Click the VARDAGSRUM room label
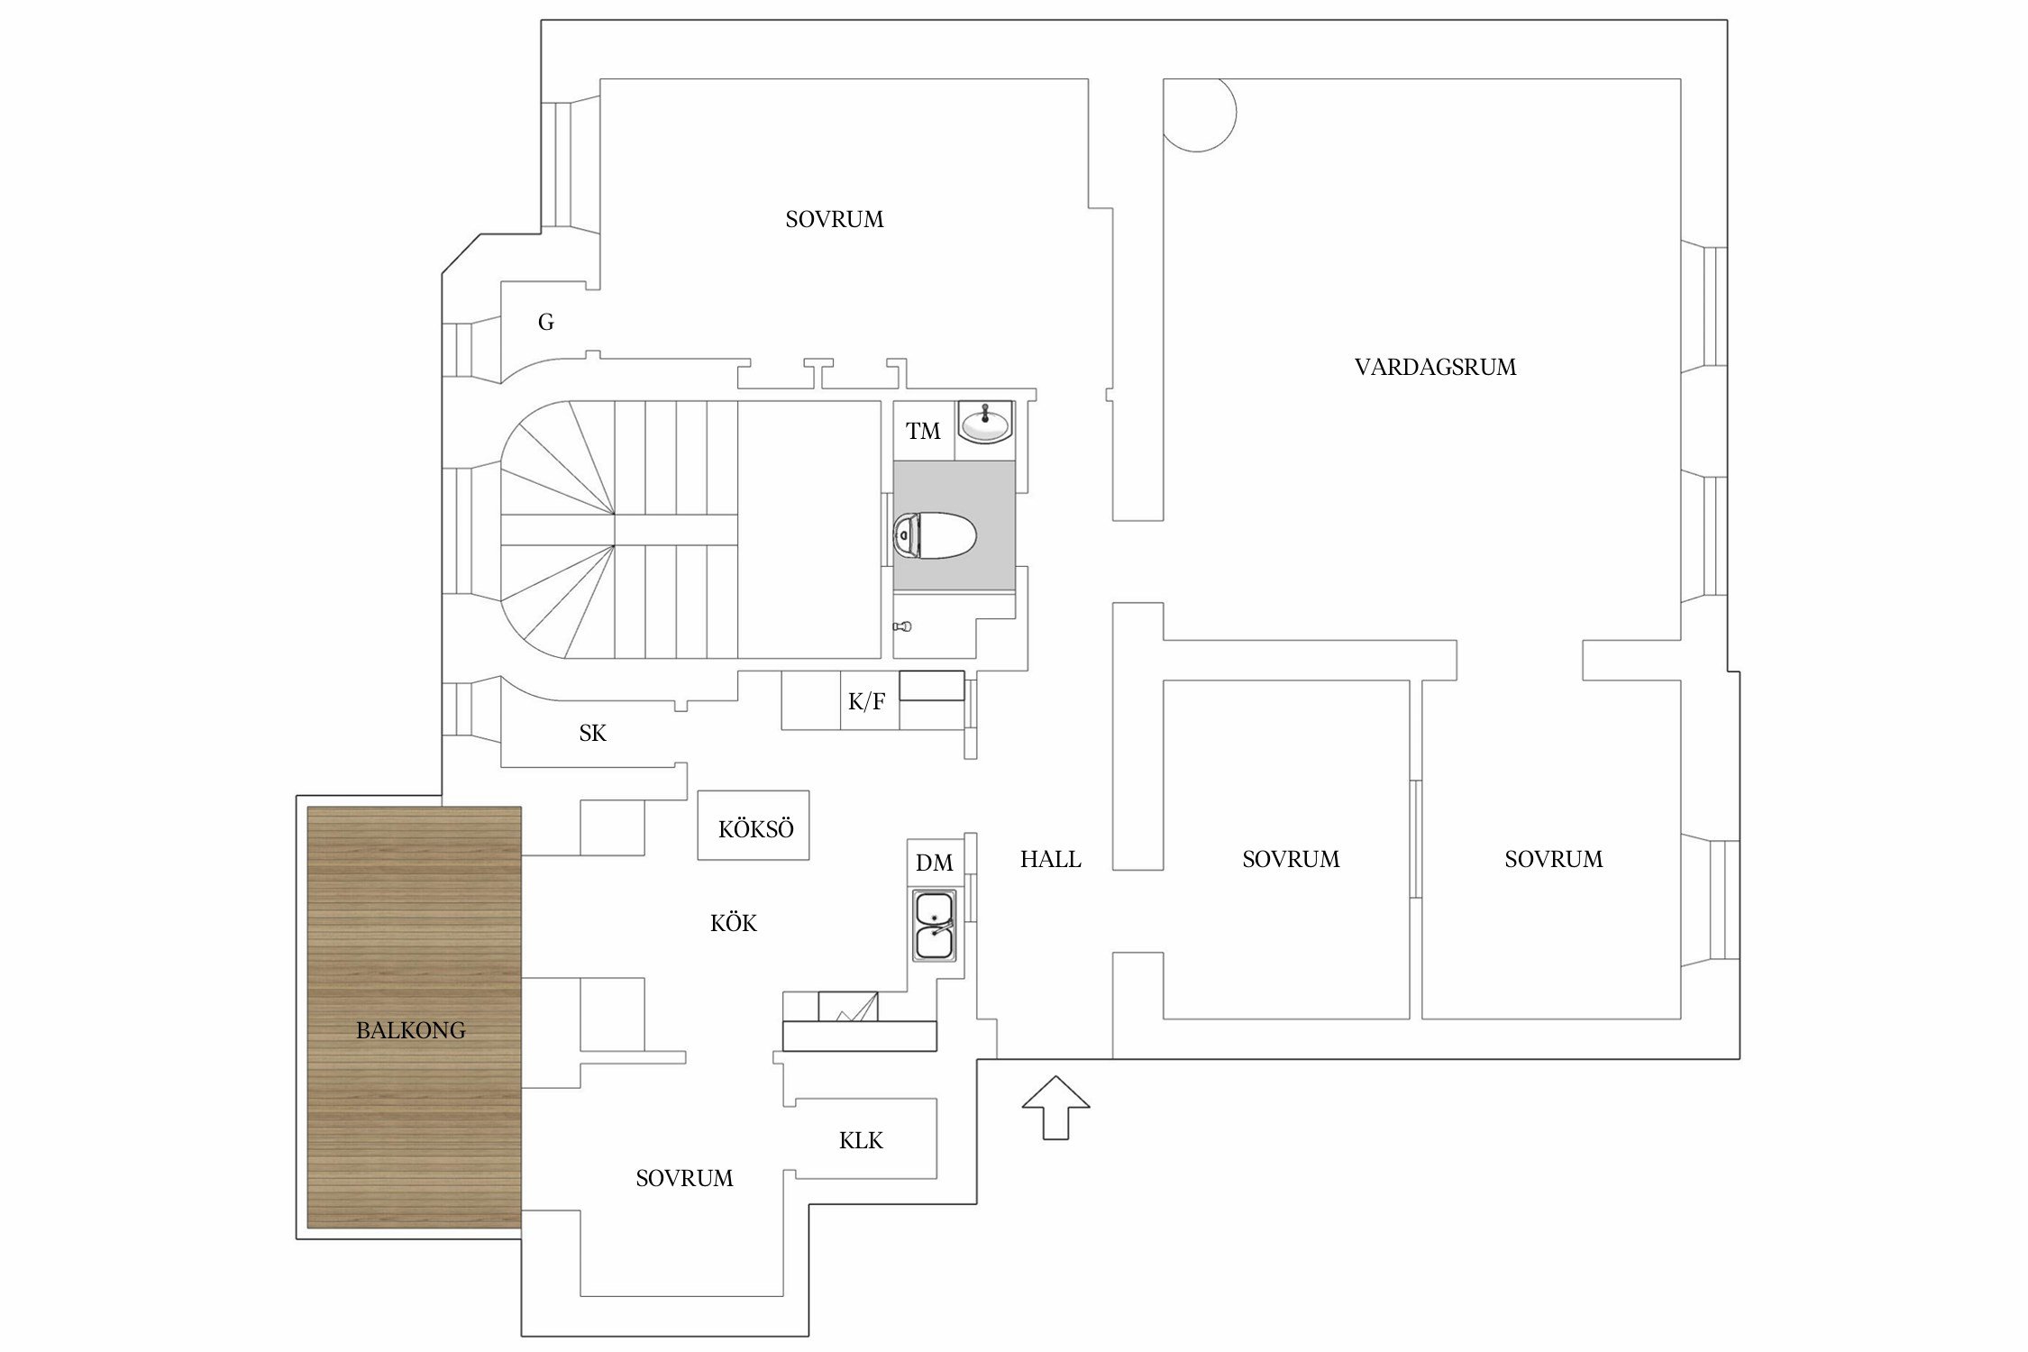pyautogui.click(x=1435, y=367)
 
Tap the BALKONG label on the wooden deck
pyautogui.click(x=411, y=1030)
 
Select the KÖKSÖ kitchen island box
pyautogui.click(x=754, y=825)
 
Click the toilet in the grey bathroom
pyautogui.click(x=935, y=536)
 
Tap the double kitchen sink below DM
pyautogui.click(x=936, y=926)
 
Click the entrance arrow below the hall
pyautogui.click(x=1055, y=1107)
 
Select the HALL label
pyautogui.click(x=1050, y=859)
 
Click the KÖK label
pyautogui.click(x=734, y=923)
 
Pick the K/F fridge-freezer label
pyautogui.click(x=867, y=701)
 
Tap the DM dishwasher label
pyautogui.click(x=935, y=863)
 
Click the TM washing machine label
pyautogui.click(x=923, y=431)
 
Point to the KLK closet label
pyautogui.click(x=861, y=1140)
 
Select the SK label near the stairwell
pyautogui.click(x=592, y=733)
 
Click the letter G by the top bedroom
pyautogui.click(x=545, y=322)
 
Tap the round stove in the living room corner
pyautogui.click(x=1200, y=115)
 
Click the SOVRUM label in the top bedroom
pyautogui.click(x=835, y=219)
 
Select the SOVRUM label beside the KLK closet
pyautogui.click(x=684, y=1178)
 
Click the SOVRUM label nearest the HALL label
pyautogui.click(x=1291, y=859)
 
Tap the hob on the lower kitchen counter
pyautogui.click(x=848, y=1006)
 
